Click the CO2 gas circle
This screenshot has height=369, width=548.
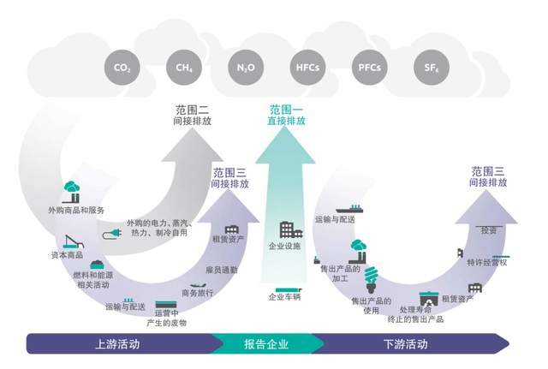[122, 67]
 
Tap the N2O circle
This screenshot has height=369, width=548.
[246, 67]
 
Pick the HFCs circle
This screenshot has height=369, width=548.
[307, 67]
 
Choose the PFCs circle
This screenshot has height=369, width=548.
[369, 67]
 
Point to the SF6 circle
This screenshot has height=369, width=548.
[430, 67]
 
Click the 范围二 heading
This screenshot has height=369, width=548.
[192, 110]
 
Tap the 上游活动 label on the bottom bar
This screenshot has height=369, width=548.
[117, 345]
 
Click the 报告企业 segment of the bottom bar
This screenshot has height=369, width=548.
[266, 345]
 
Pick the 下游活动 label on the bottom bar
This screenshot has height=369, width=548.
[405, 345]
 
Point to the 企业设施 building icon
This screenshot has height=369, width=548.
[286, 229]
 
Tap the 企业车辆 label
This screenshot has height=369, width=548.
[285, 297]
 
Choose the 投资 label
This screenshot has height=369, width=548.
[489, 230]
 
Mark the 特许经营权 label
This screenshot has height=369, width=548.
[486, 262]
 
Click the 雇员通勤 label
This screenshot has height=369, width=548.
[222, 270]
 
